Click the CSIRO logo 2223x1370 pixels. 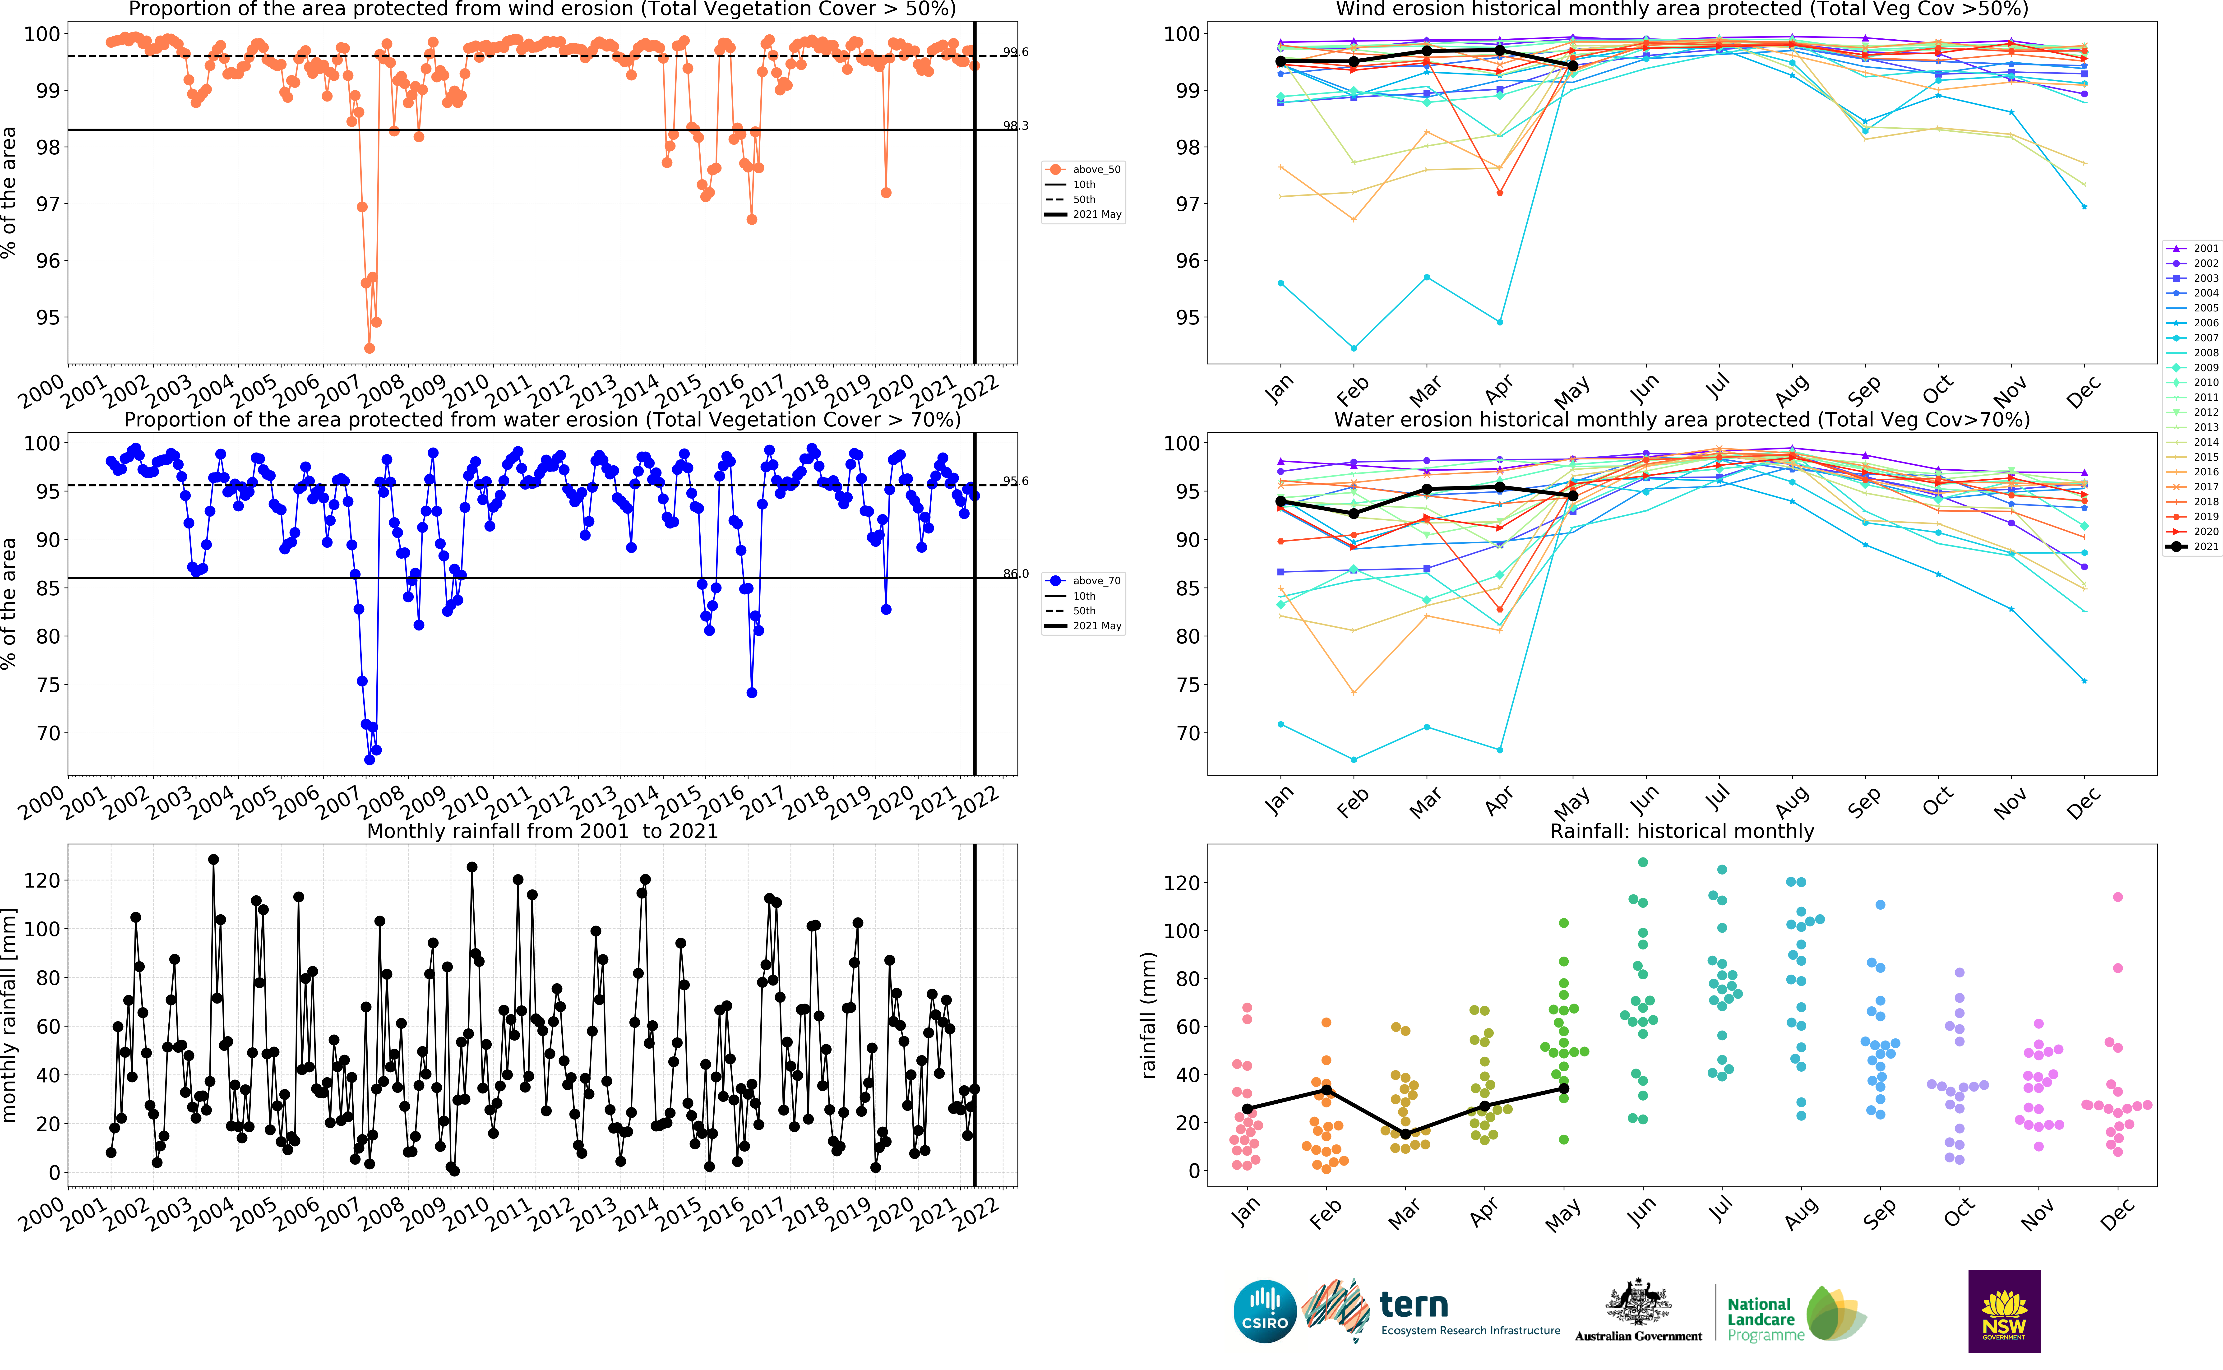coord(1265,1310)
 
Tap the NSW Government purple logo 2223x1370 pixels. coord(2004,1310)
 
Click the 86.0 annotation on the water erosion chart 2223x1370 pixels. coord(1016,574)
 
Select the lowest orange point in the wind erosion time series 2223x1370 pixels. coord(369,348)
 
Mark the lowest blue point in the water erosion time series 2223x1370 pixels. coord(369,759)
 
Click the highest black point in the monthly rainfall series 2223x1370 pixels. coord(213,859)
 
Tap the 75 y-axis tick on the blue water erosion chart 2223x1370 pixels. coord(47,685)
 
